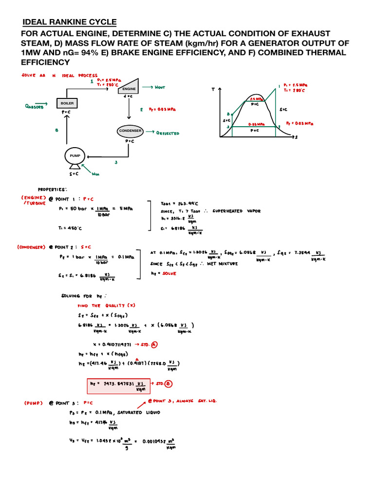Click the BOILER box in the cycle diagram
[x=67, y=103]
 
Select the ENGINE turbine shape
[x=130, y=88]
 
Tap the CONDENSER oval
[x=130, y=131]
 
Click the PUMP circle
[x=77, y=156]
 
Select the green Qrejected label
[x=168, y=133]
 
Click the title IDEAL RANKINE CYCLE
[x=70, y=22]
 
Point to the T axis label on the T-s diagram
[x=213, y=90]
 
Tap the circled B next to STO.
[x=168, y=384]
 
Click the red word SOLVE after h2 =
[x=170, y=273]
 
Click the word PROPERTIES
[x=53, y=189]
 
